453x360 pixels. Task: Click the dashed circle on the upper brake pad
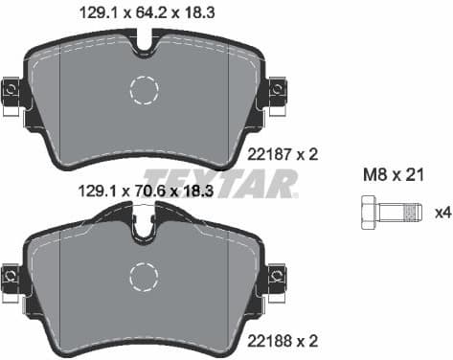(x=144, y=90)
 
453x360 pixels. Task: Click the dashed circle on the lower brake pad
(x=144, y=278)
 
